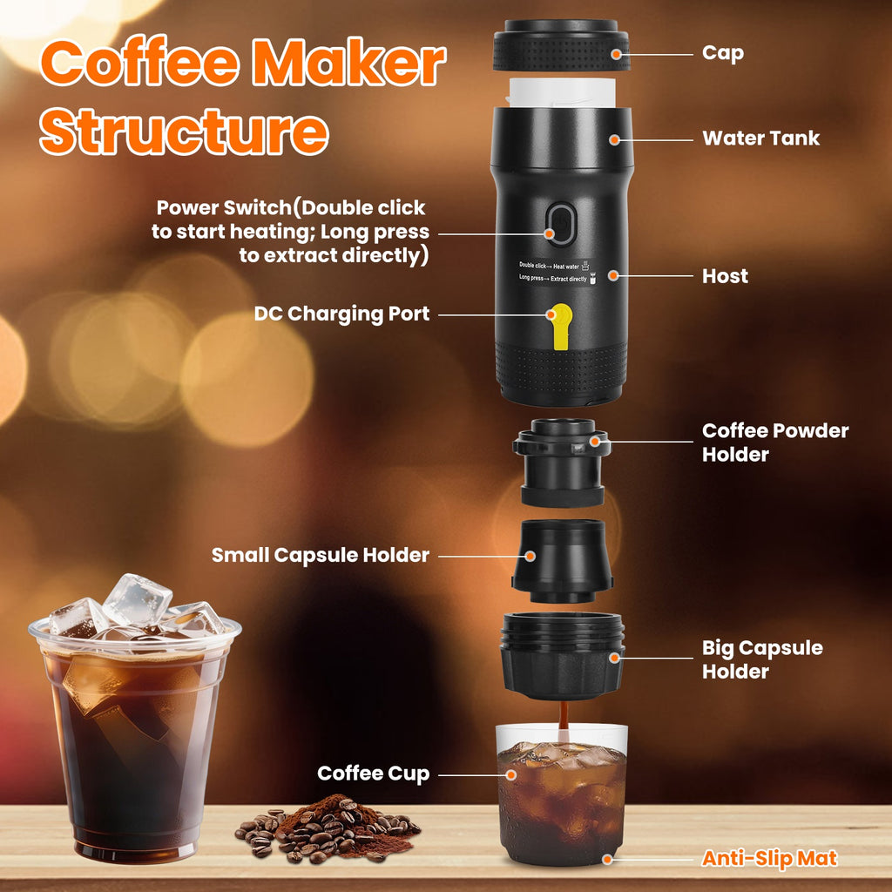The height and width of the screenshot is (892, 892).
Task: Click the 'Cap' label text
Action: coord(723,53)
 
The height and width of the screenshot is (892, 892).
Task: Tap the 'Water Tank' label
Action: coord(760,138)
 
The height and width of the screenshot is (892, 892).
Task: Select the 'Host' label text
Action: coord(725,276)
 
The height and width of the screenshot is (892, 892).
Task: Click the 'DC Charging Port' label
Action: coord(341,314)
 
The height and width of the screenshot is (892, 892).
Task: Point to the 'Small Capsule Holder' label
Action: coord(321,555)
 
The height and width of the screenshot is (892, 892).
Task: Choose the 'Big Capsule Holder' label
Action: coord(762,659)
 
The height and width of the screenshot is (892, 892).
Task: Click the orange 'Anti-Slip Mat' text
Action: coord(769,859)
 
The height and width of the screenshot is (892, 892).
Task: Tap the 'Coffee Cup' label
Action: coord(373,774)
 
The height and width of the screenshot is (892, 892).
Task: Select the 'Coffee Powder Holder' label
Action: coord(775,442)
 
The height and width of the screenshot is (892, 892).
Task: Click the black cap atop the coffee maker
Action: coord(560,44)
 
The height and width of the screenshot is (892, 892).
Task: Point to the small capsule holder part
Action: coord(562,561)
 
